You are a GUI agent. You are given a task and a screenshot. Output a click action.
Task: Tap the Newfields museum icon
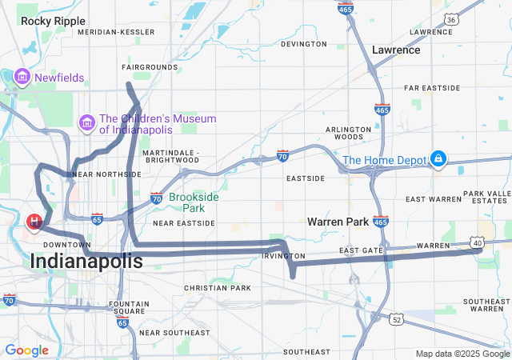pos(22,78)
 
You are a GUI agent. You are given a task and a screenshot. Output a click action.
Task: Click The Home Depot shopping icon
pos(438,160)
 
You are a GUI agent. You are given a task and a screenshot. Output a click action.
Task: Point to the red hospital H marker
pos(36,221)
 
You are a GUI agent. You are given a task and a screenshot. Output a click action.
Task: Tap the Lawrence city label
pos(396,50)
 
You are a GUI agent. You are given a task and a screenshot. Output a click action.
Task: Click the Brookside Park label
pos(194,202)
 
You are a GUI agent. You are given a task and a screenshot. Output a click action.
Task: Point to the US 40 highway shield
pos(476,242)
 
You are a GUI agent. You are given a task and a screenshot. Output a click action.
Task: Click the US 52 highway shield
pos(397,319)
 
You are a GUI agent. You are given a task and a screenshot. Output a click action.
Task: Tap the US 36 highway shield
pos(474,19)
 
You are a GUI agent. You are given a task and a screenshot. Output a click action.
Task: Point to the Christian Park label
pos(217,287)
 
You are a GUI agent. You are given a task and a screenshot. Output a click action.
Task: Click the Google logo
pos(26,350)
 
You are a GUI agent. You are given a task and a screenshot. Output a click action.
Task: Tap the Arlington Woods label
pos(349,133)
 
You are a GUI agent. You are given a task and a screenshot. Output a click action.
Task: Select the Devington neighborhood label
pos(304,44)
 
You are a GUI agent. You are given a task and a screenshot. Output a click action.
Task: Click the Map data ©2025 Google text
pos(462,354)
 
